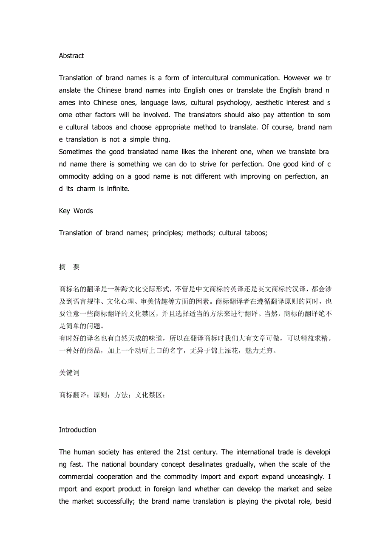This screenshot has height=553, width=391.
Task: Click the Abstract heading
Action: [x=71, y=56]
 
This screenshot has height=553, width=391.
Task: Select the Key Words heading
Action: [x=76, y=211]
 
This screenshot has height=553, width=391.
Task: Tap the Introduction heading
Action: [x=77, y=430]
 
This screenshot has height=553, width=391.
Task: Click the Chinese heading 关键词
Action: [x=69, y=372]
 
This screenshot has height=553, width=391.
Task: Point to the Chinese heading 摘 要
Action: [x=69, y=267]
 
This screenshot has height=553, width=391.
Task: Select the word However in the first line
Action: [x=297, y=78]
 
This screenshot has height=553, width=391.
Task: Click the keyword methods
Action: [x=201, y=233]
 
